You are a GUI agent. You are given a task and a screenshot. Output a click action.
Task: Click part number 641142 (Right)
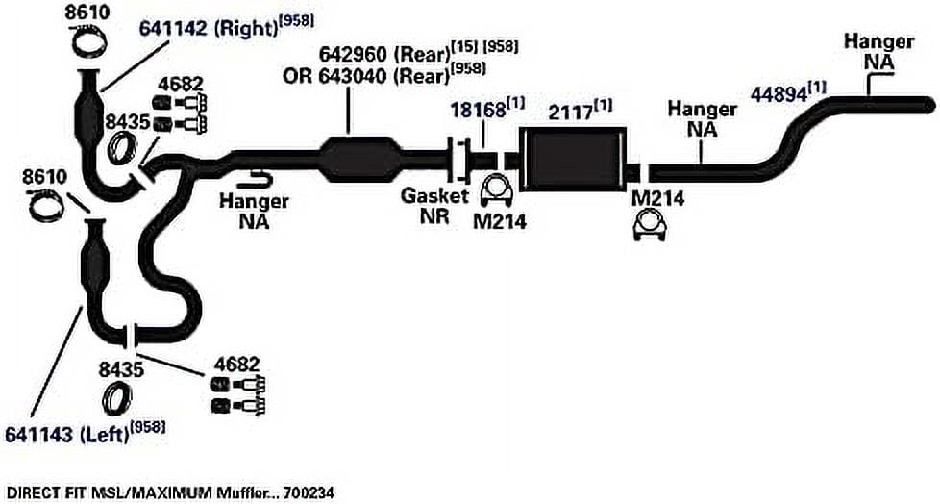pyautogui.click(x=208, y=28)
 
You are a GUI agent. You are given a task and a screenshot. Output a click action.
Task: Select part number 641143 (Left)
pyautogui.click(x=67, y=433)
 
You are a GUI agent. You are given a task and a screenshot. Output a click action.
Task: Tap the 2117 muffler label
pyautogui.click(x=570, y=113)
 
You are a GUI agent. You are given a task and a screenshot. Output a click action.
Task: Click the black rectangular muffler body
pyautogui.click(x=573, y=159)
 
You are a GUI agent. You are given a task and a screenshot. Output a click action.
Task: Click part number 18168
pyautogui.click(x=479, y=111)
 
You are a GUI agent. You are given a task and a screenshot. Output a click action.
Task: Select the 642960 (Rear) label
pyautogui.click(x=383, y=54)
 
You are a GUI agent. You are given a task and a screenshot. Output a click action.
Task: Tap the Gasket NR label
pyautogui.click(x=434, y=206)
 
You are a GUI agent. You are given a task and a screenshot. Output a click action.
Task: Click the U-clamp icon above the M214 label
pyautogui.click(x=497, y=189)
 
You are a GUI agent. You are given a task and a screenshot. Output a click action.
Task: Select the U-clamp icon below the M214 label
pyautogui.click(x=650, y=227)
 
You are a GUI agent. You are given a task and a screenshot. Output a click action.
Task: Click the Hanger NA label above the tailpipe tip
pyautogui.click(x=878, y=51)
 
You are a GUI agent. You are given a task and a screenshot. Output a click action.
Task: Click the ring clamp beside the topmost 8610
pyautogui.click(x=89, y=40)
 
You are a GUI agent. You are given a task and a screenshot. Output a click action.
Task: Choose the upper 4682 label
pyautogui.click(x=182, y=84)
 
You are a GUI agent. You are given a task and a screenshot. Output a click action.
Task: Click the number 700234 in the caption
pyautogui.click(x=309, y=493)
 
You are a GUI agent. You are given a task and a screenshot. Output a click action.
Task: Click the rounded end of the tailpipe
pyautogui.click(x=929, y=105)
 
